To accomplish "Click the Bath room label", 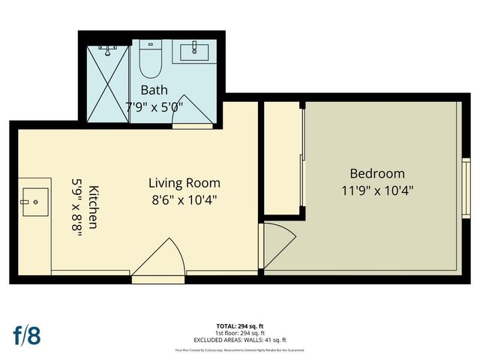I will click(x=154, y=91).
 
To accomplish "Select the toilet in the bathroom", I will click(x=151, y=61).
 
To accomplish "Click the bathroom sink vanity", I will click(x=196, y=53).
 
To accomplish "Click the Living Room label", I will click(x=184, y=183).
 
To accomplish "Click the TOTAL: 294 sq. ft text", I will click(x=240, y=325).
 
